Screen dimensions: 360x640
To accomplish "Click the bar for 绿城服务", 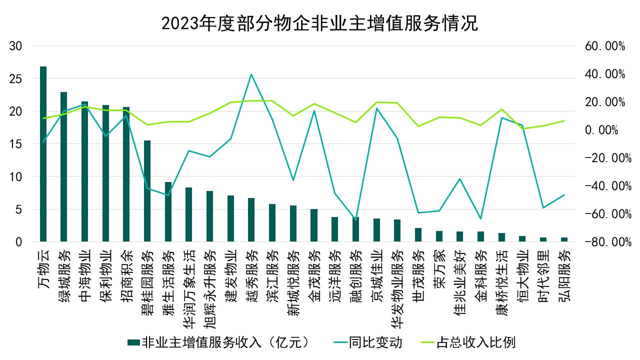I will pyautogui.click(x=64, y=167).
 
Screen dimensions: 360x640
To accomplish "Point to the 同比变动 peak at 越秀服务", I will pyautogui.click(x=251, y=74).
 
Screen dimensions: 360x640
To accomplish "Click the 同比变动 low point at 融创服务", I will pyautogui.click(x=355, y=219).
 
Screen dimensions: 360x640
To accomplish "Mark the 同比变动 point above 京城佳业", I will pyautogui.click(x=376, y=108).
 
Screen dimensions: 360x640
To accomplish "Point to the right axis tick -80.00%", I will pyautogui.click(x=605, y=242).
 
